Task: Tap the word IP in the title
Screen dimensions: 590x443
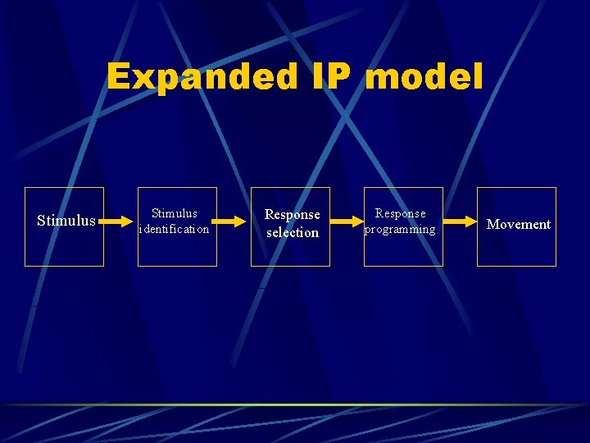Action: (x=332, y=77)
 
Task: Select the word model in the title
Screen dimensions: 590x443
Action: (x=424, y=77)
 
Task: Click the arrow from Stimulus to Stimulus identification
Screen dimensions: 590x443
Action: (x=120, y=221)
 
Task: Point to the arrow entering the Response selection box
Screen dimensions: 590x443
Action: (x=234, y=221)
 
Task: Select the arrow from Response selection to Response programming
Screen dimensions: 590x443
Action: (x=347, y=221)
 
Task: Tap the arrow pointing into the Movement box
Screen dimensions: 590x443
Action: (x=460, y=221)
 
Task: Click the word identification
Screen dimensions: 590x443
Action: (x=175, y=230)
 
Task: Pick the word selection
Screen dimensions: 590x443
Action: (x=293, y=233)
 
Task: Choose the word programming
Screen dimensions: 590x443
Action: (x=400, y=230)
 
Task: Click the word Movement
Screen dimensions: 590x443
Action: (x=519, y=224)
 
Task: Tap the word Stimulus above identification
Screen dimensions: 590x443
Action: (x=175, y=213)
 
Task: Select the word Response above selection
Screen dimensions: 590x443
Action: (x=293, y=215)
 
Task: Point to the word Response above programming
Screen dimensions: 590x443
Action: (x=401, y=213)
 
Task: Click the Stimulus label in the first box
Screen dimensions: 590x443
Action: (x=66, y=221)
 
